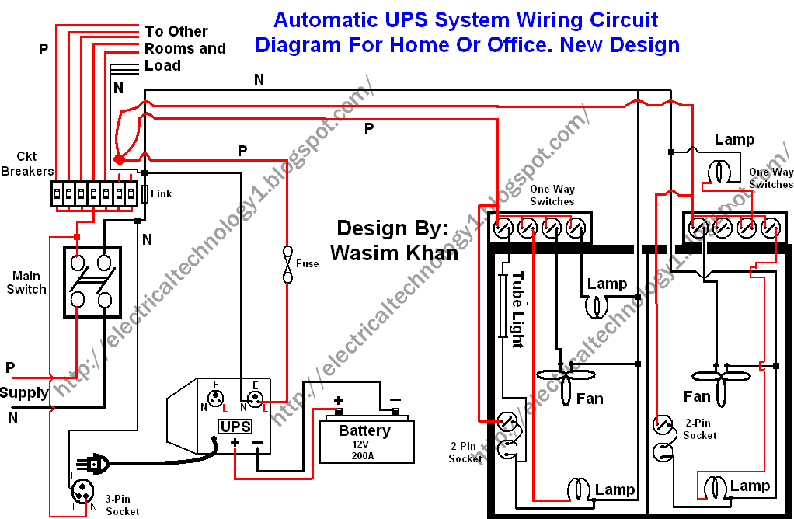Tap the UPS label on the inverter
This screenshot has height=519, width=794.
235,427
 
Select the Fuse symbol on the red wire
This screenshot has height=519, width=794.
287,264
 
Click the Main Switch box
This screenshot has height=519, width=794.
92,282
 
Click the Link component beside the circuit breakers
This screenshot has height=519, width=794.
145,193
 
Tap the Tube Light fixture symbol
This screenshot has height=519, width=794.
503,306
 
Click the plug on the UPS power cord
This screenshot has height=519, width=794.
92,463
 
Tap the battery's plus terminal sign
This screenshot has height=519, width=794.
338,402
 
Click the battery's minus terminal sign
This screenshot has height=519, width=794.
395,400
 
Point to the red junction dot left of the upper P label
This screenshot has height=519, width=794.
119,160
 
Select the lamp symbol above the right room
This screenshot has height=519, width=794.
720,171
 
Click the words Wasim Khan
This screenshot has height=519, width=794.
395,253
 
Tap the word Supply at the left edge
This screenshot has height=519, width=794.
24,393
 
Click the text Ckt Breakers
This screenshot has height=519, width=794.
27,164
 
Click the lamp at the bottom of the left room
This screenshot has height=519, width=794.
580,489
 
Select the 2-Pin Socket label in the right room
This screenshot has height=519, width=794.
700,429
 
